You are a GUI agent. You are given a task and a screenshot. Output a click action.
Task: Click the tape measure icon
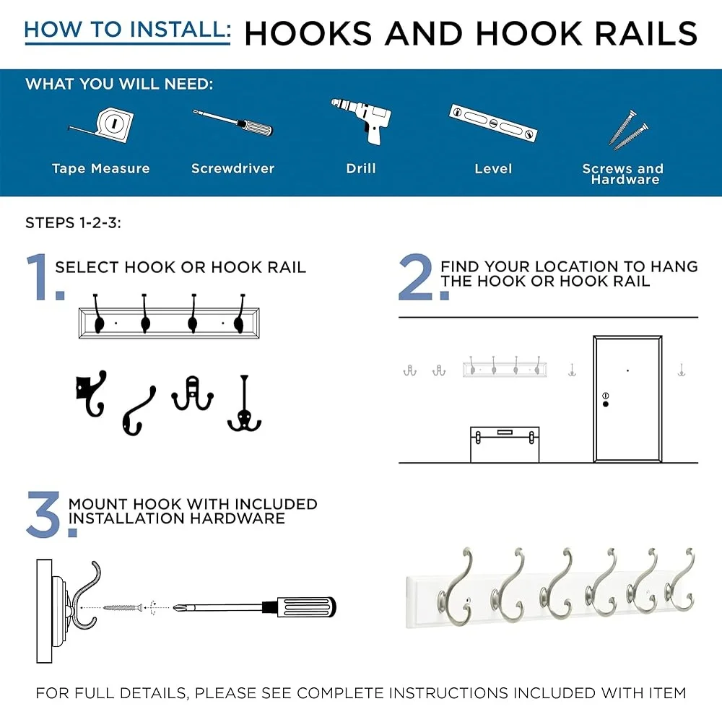tap(108, 124)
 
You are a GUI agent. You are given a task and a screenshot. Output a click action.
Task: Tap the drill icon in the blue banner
tap(363, 121)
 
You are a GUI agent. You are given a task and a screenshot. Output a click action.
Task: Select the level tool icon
tap(493, 123)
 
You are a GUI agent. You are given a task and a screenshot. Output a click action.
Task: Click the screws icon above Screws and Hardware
tap(628, 130)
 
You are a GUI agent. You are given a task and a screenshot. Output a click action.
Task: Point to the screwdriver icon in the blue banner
tap(232, 123)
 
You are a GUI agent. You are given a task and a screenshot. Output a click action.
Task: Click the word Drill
tap(361, 168)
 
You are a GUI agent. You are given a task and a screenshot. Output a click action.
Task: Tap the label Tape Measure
tap(101, 168)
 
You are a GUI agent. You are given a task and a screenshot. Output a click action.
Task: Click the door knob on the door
tap(606, 404)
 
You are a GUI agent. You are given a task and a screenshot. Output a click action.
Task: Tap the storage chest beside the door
tap(505, 444)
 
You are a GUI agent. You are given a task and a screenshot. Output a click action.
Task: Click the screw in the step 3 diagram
tap(123, 608)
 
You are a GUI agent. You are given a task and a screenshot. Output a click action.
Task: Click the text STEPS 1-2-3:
tap(73, 223)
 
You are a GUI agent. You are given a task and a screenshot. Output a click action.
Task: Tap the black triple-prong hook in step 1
tap(245, 404)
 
